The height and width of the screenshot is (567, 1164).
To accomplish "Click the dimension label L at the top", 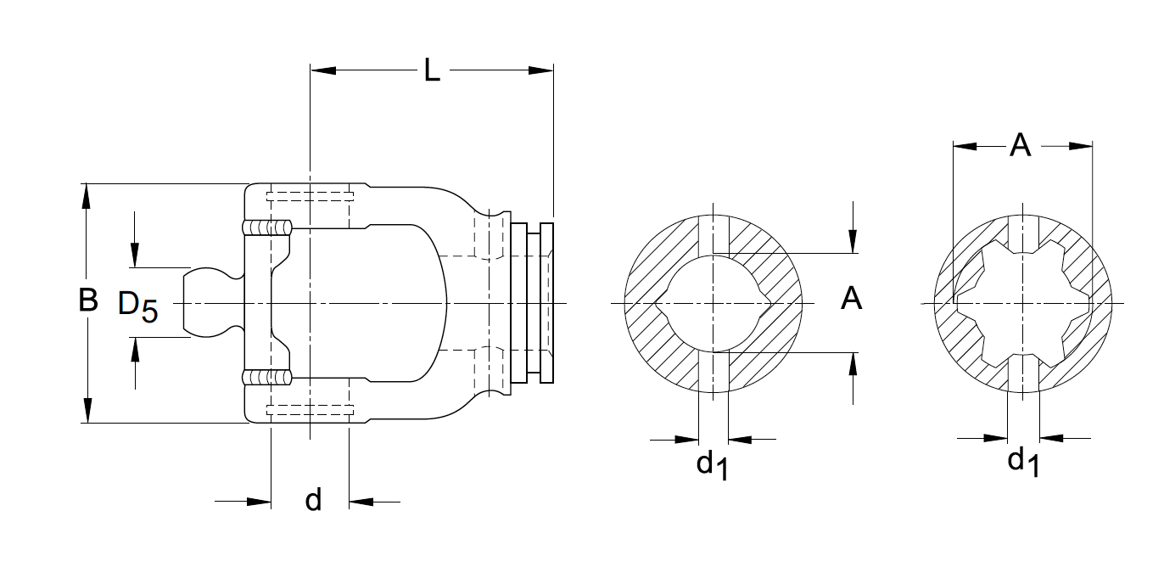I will [432, 71].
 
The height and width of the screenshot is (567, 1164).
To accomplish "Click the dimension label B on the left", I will [87, 300].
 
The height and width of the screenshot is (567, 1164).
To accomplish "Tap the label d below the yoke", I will [313, 500].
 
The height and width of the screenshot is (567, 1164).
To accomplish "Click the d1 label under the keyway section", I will [712, 464].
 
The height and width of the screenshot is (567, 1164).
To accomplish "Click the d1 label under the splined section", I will [1022, 462].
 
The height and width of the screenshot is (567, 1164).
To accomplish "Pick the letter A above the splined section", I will [1020, 146].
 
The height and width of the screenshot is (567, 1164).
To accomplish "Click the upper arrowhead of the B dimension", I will [86, 194].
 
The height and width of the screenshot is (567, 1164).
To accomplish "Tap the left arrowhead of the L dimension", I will [323, 70].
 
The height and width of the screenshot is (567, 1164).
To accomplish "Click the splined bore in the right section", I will [1022, 303].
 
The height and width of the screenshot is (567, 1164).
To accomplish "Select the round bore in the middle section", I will [713, 303].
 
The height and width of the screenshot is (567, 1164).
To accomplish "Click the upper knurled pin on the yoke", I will [266, 227].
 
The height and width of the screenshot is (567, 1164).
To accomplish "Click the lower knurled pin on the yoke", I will [266, 377].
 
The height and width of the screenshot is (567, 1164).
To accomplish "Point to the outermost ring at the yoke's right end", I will [546, 303].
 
